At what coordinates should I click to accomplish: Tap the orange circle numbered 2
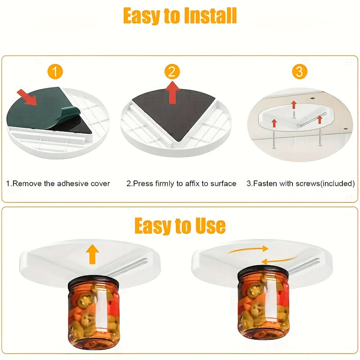coord(172,72)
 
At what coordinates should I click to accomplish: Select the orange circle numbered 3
coord(299,72)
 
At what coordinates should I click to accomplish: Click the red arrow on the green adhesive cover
coord(27,97)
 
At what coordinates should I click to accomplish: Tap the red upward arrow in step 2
coord(172,92)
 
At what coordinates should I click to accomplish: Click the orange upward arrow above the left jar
coord(93,254)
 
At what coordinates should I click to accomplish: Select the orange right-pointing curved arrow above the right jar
coord(252,249)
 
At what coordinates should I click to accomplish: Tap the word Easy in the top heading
coord(141,17)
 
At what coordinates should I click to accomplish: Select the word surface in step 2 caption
coord(221,184)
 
